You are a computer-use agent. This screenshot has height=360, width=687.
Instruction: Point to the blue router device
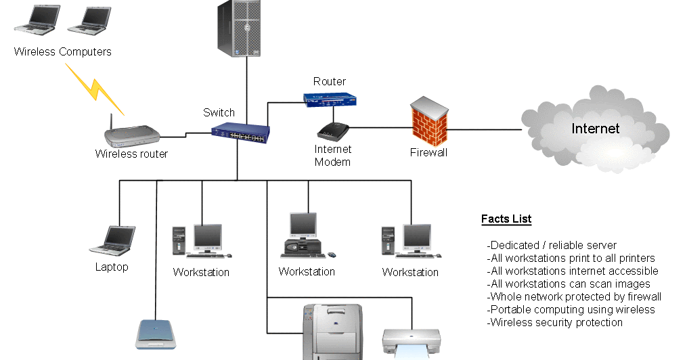point(330,99)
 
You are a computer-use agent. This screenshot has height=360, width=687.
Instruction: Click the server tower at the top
point(238,28)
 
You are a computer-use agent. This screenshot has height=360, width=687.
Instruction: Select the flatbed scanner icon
point(157,333)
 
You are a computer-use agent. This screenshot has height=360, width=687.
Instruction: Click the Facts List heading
point(506,219)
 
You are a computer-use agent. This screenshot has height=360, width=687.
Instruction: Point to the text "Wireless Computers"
point(62,51)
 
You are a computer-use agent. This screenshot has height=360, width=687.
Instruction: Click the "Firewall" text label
point(428,153)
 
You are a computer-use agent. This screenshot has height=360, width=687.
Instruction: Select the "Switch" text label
point(219,112)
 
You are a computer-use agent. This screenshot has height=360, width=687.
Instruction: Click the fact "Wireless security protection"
point(554,322)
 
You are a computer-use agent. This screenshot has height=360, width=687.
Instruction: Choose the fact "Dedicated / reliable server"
point(552,245)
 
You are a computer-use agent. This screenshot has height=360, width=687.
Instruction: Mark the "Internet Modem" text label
point(332,156)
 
